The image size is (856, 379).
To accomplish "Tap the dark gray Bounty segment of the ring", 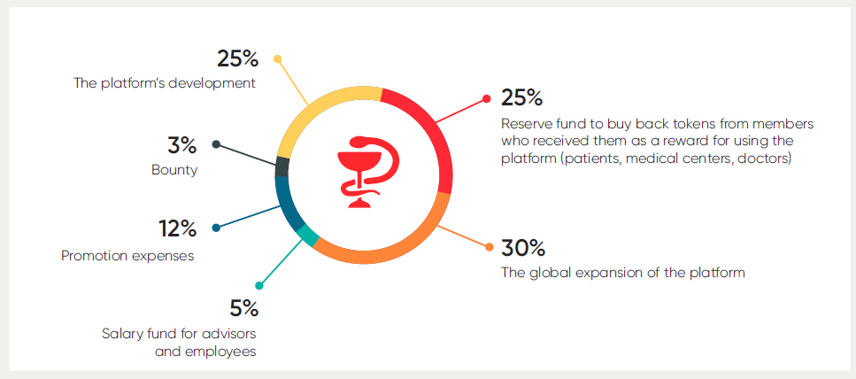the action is [x=282, y=167].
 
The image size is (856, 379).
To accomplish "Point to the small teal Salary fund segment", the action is [x=308, y=236].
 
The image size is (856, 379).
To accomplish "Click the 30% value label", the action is [x=523, y=248].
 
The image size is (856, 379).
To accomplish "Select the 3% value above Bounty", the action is [x=181, y=146].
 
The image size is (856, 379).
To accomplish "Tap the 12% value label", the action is [x=178, y=228].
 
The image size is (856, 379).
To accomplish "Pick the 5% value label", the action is [x=243, y=308].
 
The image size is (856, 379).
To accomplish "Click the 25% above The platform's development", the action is [x=237, y=59].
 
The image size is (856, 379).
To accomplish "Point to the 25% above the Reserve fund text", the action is [x=522, y=98].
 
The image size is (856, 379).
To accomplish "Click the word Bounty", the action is [x=174, y=170].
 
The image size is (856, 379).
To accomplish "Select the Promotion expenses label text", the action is [x=127, y=256].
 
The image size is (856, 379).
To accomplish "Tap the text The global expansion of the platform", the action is [x=623, y=272].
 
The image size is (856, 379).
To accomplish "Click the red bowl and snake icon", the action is [x=366, y=172].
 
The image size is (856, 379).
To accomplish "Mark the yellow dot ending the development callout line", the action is [x=277, y=58].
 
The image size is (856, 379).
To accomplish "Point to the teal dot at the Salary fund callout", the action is [x=259, y=285].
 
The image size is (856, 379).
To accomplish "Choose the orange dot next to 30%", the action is [x=490, y=247].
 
